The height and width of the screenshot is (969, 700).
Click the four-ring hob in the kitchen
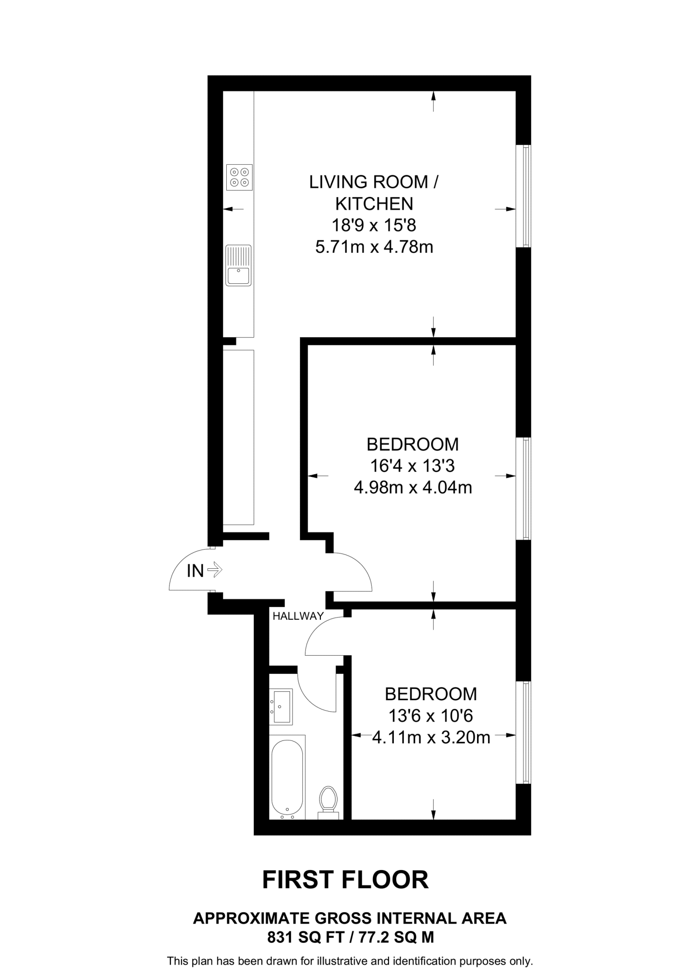coord(239,177)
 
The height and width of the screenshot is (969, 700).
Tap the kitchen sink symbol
coord(238,265)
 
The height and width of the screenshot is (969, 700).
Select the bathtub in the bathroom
coord(287,776)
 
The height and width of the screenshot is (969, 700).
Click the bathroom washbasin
coord(281,707)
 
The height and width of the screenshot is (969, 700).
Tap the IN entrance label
coord(195,571)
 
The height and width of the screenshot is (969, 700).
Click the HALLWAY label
coord(298,616)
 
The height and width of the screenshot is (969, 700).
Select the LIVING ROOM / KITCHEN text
coord(374,193)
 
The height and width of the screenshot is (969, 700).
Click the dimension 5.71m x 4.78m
coord(374,247)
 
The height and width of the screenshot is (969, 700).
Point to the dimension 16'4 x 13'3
coord(412,466)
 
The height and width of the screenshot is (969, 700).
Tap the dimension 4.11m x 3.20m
coord(431,738)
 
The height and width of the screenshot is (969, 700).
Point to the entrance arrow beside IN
coord(214,569)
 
